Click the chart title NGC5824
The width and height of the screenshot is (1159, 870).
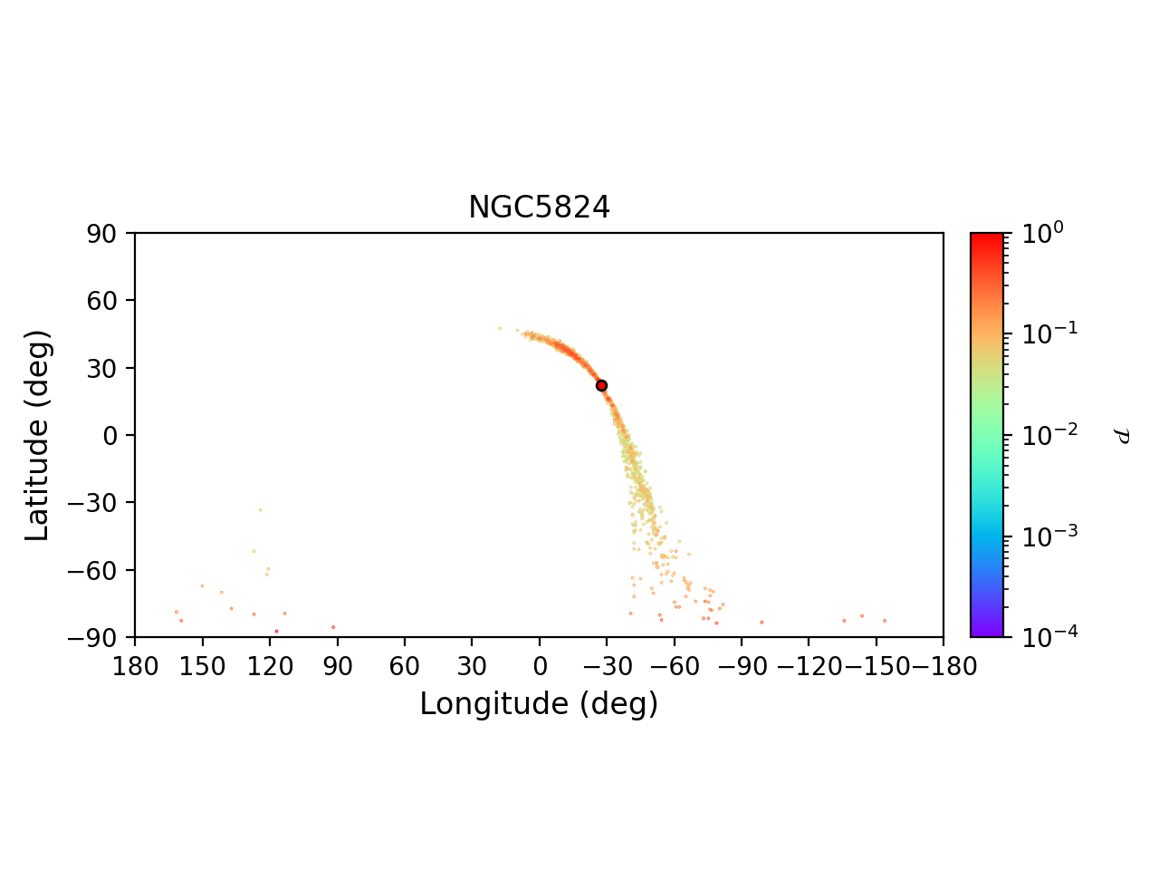(539, 208)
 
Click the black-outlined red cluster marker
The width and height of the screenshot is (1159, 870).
(601, 385)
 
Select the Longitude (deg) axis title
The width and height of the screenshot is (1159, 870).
(539, 704)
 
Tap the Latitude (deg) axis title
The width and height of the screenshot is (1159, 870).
(37, 435)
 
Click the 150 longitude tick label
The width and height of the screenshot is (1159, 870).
(202, 667)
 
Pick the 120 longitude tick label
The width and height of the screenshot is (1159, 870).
(270, 667)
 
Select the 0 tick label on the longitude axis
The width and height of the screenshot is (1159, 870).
(540, 667)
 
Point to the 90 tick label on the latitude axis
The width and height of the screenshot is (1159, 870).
(106, 233)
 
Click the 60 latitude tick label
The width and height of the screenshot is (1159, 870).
(106, 300)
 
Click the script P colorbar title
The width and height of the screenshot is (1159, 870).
(1124, 436)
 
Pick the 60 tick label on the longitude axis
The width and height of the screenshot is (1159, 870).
(405, 667)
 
